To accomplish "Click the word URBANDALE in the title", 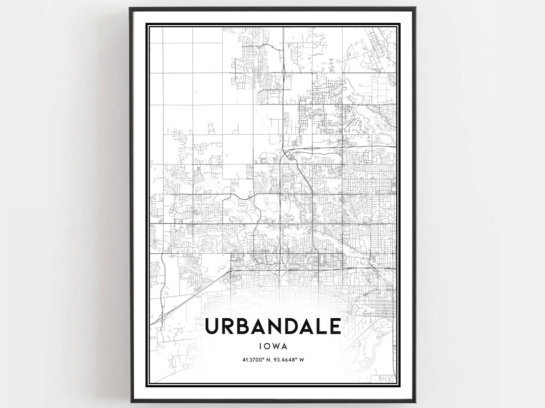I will (272, 326).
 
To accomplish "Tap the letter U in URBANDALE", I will (212, 326).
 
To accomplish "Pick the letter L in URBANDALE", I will (319, 326).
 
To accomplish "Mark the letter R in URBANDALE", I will (228, 326).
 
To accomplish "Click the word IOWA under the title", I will (272, 346).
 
